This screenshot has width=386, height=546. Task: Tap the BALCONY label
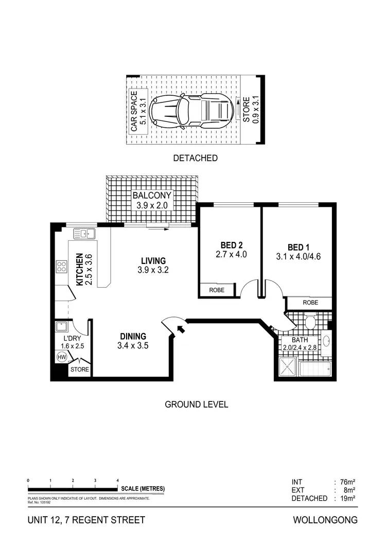coord(152,196)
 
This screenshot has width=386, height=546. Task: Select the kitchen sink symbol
coord(85,234)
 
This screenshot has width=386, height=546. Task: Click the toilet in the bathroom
coord(310,322)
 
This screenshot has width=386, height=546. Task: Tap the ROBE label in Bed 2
coord(217,290)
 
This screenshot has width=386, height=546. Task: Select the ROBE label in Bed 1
coord(310,303)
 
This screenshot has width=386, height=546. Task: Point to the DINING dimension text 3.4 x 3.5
coord(133,346)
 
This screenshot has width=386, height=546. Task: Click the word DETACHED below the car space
coord(196,158)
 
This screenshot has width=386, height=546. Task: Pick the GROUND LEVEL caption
coord(196,404)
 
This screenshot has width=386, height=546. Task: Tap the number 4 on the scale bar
coord(118,480)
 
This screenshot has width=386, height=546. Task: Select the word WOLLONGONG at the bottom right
coord(325,520)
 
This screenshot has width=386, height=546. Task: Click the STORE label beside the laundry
coord(79,369)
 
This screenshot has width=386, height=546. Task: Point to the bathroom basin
coord(328,342)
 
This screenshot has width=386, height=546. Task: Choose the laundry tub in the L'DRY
coord(62,327)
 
